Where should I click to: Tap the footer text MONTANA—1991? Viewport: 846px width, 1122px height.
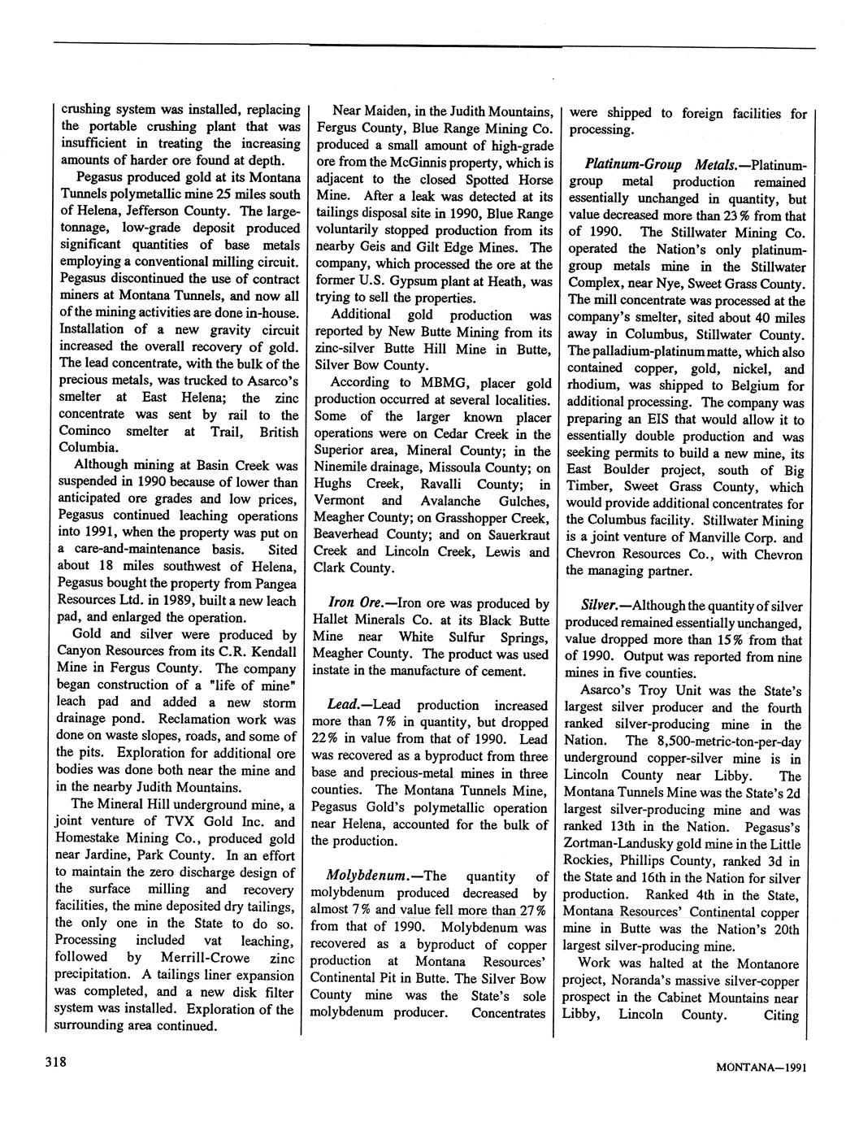(761, 1068)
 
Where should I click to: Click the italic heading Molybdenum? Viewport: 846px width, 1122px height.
(365, 876)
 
